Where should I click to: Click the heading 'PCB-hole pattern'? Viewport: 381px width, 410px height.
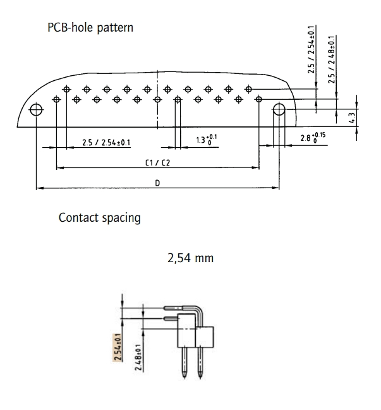[x=90, y=30]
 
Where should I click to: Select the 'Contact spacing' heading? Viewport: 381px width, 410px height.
[x=99, y=218]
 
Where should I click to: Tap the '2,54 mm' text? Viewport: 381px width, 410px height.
[x=190, y=259]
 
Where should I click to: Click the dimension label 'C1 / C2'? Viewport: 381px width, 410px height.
[x=158, y=162]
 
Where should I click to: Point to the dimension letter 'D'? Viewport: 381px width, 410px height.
[x=157, y=183]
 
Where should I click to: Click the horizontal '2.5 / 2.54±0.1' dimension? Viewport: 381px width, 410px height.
[x=106, y=142]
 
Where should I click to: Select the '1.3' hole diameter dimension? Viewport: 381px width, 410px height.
[x=207, y=140]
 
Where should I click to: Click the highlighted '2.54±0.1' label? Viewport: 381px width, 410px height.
[x=118, y=347]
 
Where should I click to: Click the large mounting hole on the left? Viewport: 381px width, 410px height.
[x=37, y=110]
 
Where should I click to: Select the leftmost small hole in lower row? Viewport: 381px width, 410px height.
[x=57, y=99]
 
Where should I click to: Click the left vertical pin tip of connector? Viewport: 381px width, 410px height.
[x=184, y=378]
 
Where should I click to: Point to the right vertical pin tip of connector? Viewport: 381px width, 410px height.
[x=200, y=378]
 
